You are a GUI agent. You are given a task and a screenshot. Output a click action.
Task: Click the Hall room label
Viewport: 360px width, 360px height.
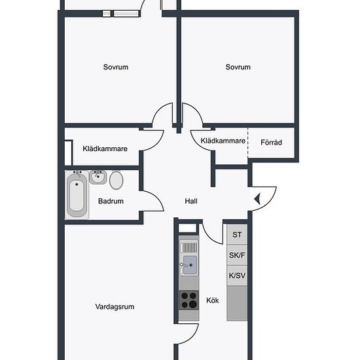191,201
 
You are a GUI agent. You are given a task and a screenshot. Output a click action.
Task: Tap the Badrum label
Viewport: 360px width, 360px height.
111,201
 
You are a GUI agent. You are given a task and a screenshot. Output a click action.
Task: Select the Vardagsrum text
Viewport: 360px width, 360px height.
115,307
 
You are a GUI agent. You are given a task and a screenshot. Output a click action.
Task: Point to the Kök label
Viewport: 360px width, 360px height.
213,300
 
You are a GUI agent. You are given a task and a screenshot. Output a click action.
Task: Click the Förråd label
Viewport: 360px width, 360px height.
271,142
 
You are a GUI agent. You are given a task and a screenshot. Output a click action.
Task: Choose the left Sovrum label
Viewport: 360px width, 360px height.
116,67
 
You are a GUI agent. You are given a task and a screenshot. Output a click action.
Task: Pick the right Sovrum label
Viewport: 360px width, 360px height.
238,67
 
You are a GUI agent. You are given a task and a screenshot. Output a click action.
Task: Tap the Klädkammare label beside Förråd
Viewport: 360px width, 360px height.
223,141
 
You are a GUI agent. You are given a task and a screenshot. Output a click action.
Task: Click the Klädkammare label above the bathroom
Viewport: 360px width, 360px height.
105,149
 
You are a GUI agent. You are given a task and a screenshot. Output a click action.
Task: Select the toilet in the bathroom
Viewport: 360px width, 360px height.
116,180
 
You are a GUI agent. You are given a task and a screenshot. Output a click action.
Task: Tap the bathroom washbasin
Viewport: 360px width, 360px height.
98,177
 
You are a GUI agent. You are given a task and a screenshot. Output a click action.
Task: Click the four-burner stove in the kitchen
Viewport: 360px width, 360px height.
189,300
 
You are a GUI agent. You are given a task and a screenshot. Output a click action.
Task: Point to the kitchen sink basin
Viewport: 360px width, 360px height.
190,265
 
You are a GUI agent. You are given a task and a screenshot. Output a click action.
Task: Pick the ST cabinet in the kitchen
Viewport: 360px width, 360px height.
237,234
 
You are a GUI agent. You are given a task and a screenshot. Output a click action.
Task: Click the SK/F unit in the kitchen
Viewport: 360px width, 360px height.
237,255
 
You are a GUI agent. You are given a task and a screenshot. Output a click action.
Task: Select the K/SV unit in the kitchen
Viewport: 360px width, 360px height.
237,276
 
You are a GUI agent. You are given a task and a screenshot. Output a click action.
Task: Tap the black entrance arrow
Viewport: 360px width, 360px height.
257,199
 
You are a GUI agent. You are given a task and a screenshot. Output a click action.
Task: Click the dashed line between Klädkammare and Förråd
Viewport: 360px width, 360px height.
247,143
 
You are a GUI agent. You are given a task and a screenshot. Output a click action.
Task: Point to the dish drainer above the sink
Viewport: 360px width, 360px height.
189,248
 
